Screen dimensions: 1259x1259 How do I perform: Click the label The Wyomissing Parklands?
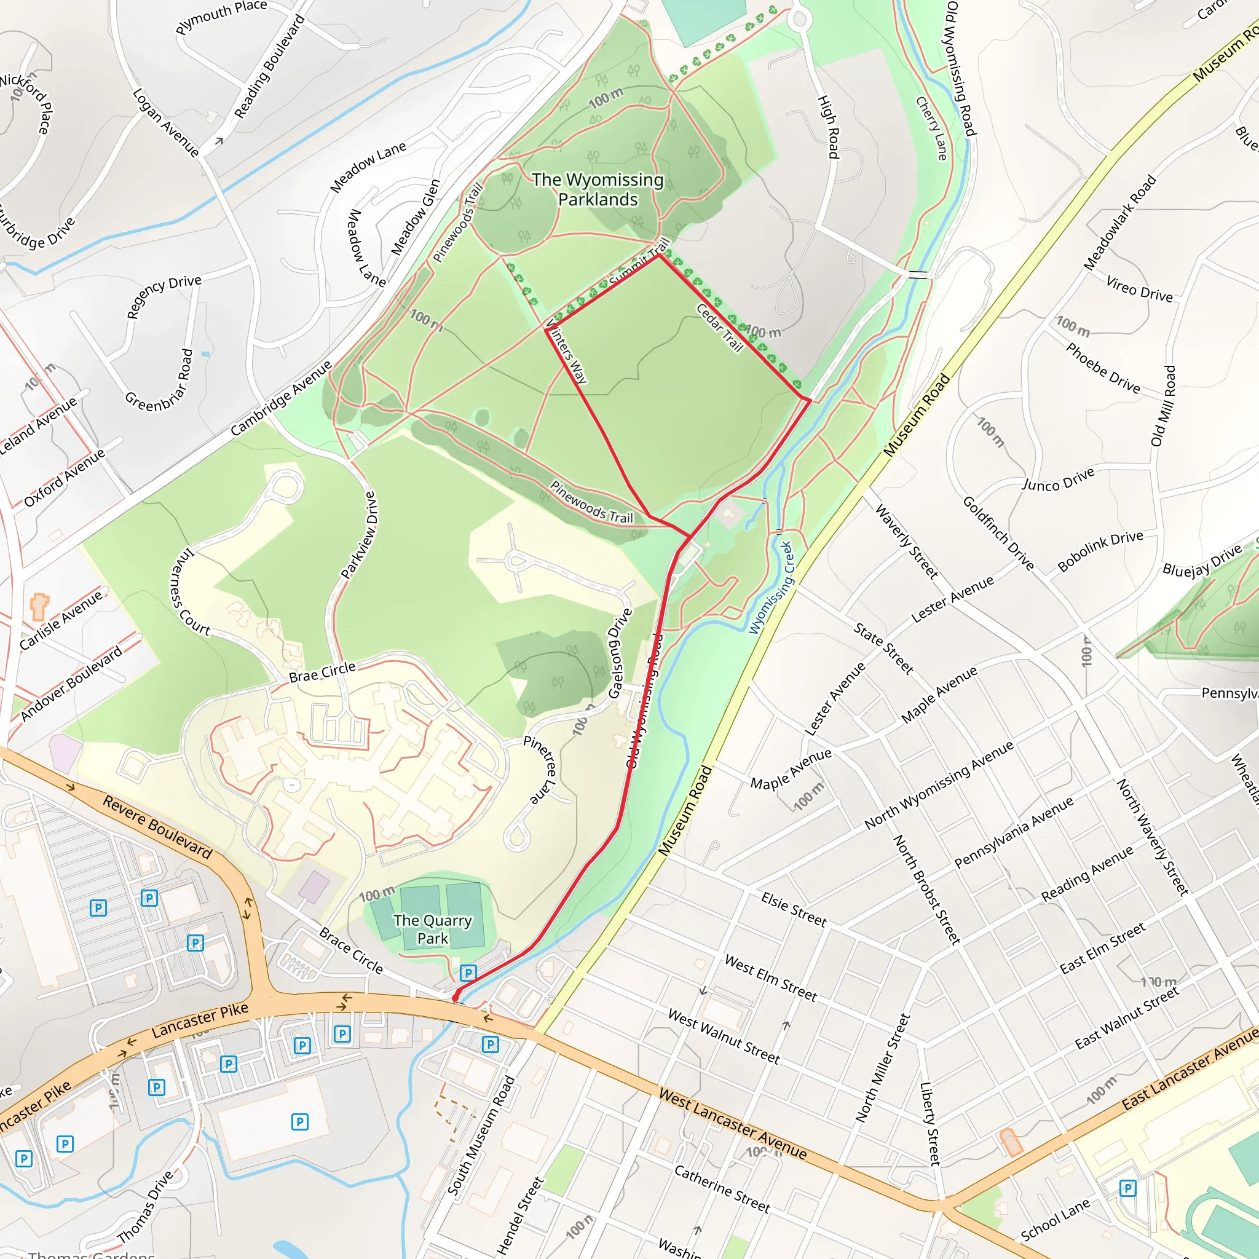(598, 189)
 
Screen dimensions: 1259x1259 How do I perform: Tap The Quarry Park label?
(433, 929)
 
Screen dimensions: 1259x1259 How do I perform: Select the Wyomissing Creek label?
(770, 588)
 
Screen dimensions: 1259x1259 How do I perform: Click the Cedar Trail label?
(720, 328)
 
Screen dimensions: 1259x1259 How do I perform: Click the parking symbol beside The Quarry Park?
(468, 973)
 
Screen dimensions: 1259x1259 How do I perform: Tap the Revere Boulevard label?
(158, 826)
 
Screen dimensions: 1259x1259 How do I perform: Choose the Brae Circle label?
(322, 672)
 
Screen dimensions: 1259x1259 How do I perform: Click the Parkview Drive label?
(360, 535)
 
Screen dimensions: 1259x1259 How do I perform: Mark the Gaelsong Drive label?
(620, 653)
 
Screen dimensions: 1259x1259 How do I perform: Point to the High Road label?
(828, 127)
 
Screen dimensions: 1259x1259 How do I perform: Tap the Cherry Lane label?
(932, 128)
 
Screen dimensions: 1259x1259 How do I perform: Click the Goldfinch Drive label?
(998, 533)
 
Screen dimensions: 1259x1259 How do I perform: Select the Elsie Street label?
(794, 910)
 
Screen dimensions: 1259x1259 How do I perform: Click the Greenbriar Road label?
(159, 381)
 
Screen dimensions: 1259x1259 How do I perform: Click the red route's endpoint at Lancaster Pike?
(456, 997)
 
